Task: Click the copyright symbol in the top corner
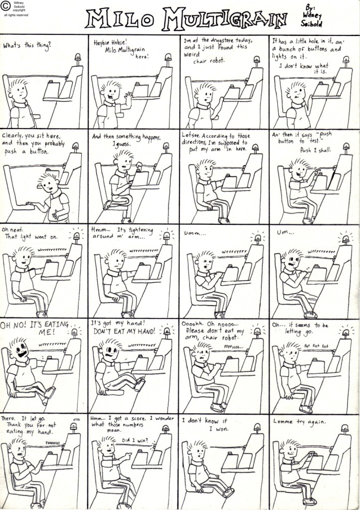[6, 7]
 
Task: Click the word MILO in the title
[120, 19]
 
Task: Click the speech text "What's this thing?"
[27, 45]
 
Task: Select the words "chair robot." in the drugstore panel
[209, 60]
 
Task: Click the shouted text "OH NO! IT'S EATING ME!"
[35, 327]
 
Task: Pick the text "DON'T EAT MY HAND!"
[124, 331]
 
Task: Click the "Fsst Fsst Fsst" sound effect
[316, 345]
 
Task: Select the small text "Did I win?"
[135, 440]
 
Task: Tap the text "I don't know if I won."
[205, 424]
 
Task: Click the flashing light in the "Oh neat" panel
[76, 235]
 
